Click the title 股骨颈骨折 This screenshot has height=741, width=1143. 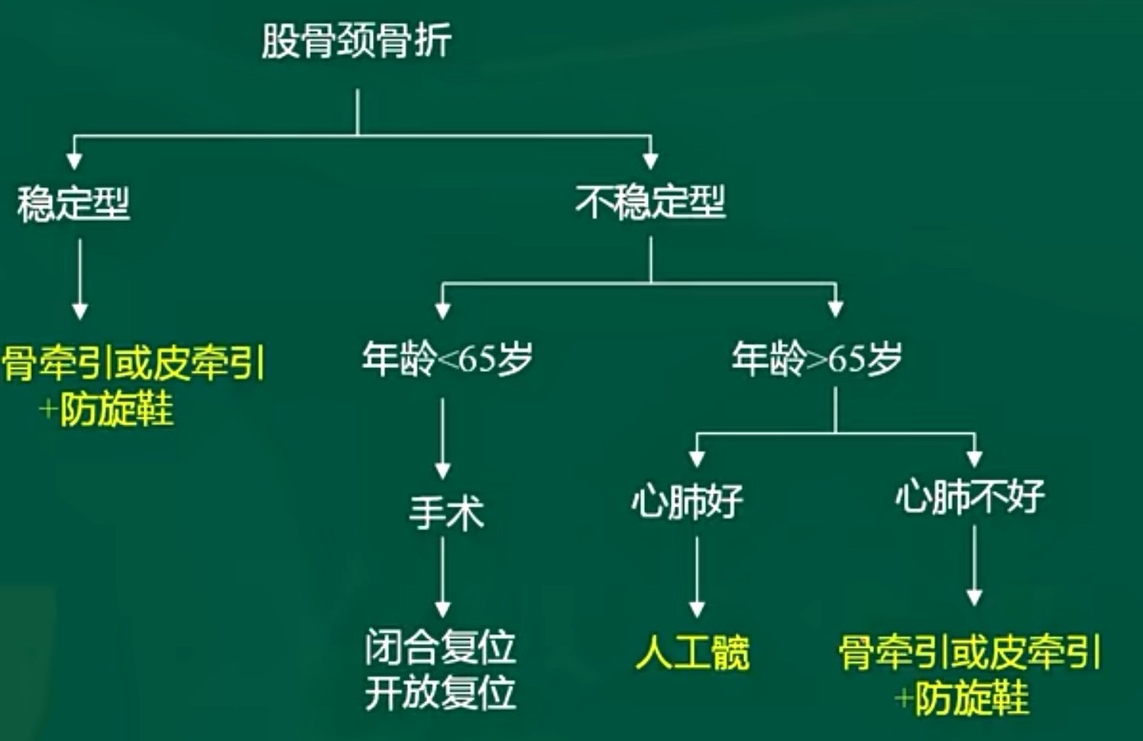(x=356, y=40)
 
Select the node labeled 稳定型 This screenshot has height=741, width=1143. (x=73, y=204)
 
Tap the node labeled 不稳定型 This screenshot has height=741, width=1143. (x=650, y=202)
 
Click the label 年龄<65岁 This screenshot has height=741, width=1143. (x=448, y=358)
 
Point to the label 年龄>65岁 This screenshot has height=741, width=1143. (x=817, y=358)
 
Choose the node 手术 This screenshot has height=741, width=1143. (x=446, y=512)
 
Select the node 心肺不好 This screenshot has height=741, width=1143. (x=970, y=497)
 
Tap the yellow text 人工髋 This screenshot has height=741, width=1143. (x=692, y=653)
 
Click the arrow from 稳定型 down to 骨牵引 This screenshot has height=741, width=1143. (x=79, y=279)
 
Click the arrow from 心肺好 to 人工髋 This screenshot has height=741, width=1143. (x=696, y=577)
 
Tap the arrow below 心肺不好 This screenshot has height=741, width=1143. (x=973, y=565)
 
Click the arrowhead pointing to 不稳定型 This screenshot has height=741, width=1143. (x=650, y=159)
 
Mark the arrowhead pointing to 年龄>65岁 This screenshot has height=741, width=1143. (x=835, y=308)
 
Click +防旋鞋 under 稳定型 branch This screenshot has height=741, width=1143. (x=107, y=409)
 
